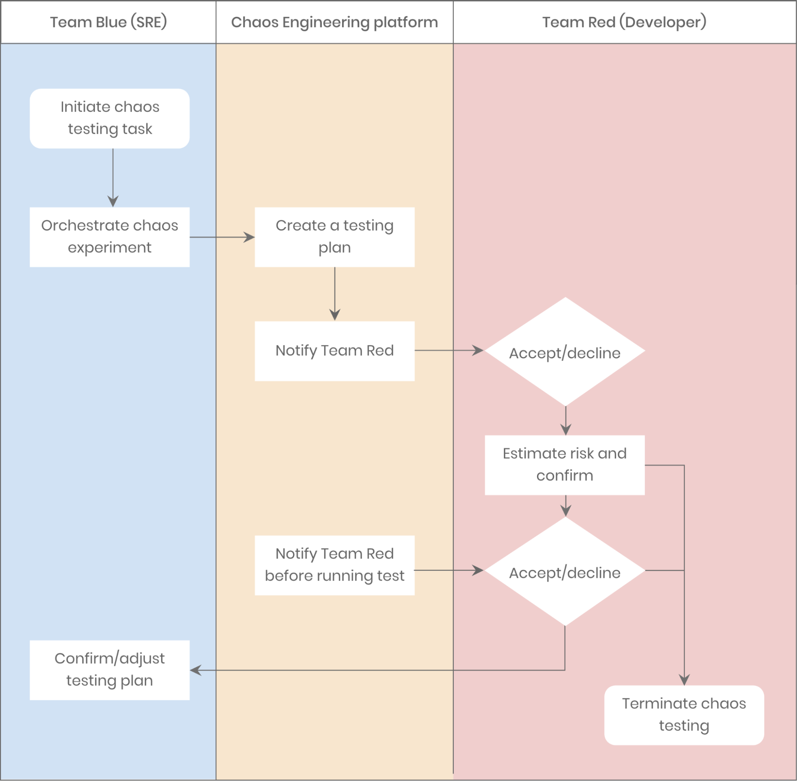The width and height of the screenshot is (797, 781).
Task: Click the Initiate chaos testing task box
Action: click(110, 118)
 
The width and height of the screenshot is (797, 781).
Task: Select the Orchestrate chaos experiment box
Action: click(110, 237)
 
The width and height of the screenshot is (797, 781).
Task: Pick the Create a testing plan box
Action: click(335, 237)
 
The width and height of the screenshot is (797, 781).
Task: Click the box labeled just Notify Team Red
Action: click(335, 351)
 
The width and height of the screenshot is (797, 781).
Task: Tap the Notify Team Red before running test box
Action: click(335, 565)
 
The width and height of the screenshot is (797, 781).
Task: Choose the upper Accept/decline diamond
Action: click(565, 352)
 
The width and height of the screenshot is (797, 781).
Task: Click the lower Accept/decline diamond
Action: click(565, 571)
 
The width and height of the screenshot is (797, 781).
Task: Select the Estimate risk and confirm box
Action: click(565, 465)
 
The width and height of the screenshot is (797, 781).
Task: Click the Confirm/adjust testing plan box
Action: click(110, 670)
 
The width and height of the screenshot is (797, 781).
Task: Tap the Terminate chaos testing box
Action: click(684, 715)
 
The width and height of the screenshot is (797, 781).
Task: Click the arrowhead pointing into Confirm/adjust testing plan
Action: click(195, 670)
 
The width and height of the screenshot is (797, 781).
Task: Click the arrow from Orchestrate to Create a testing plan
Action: click(222, 237)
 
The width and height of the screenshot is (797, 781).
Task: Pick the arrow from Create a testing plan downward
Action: click(335, 293)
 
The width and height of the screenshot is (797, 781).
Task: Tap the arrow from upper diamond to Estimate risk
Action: click(566, 421)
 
